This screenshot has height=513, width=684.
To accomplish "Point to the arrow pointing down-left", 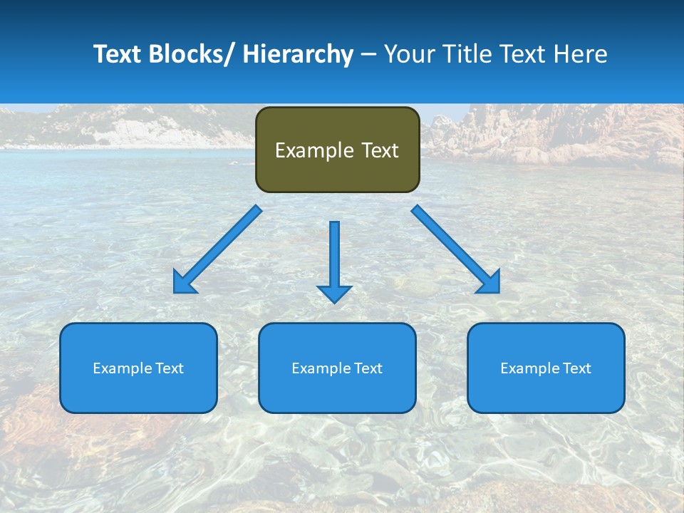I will point(217,250).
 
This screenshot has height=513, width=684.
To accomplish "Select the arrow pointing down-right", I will point(456,250).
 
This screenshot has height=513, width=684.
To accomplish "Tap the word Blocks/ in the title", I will point(190,54).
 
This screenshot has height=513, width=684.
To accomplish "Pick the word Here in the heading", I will point(579,54).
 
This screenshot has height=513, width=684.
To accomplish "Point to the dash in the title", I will point(368,54).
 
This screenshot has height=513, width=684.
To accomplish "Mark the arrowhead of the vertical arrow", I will point(334,294).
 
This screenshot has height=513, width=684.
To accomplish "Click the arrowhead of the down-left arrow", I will point(184,283).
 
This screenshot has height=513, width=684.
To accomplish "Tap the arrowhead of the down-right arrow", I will point(489,283).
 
